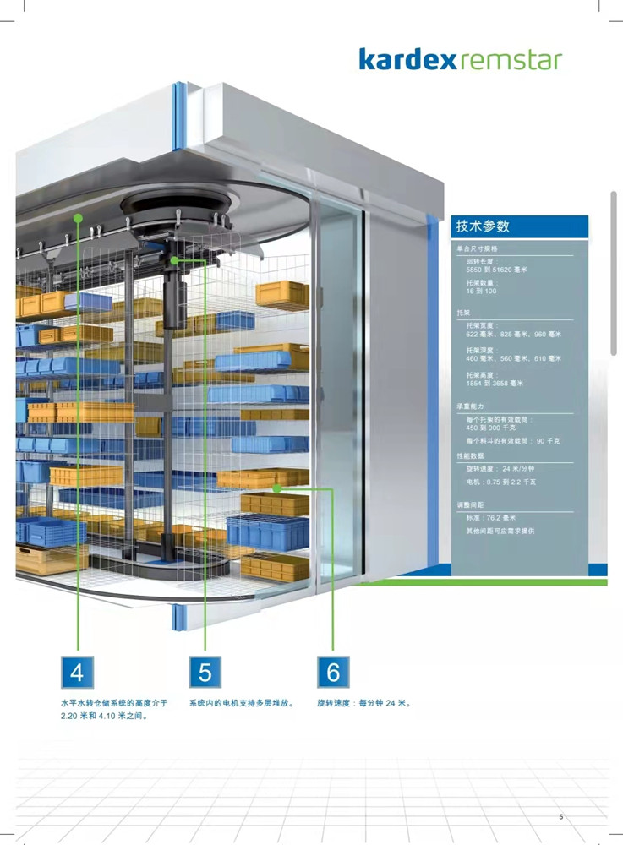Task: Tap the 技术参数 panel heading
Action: tap(483, 226)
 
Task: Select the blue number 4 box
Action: tap(77, 672)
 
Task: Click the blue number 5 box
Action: tap(205, 672)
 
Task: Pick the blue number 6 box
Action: tap(333, 672)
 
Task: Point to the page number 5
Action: tap(560, 817)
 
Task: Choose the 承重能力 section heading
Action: tap(471, 406)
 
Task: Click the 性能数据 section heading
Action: tap(471, 455)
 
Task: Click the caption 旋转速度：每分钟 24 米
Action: tap(363, 703)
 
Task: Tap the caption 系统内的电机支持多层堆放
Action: tap(241, 703)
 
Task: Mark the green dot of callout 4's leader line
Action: tap(77, 217)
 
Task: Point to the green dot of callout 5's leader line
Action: tap(174, 260)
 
